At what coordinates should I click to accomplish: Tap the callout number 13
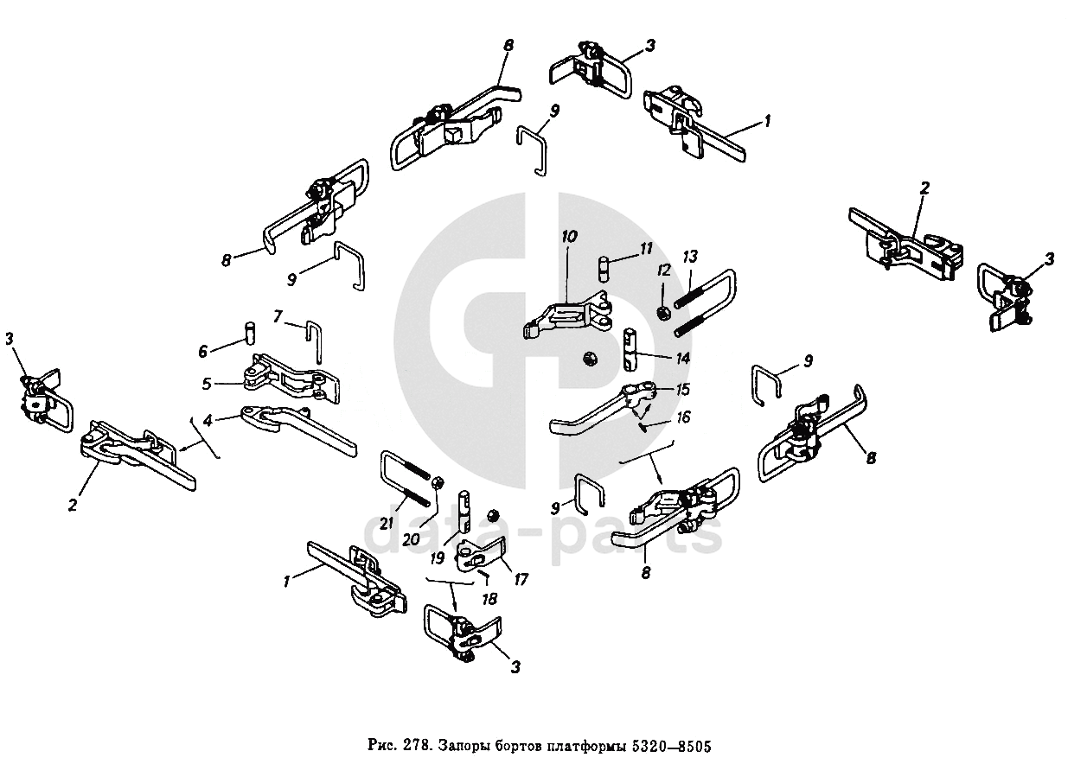689,258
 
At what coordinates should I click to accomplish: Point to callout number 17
520,581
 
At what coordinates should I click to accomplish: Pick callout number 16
683,418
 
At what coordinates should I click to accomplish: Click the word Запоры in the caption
465,746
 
